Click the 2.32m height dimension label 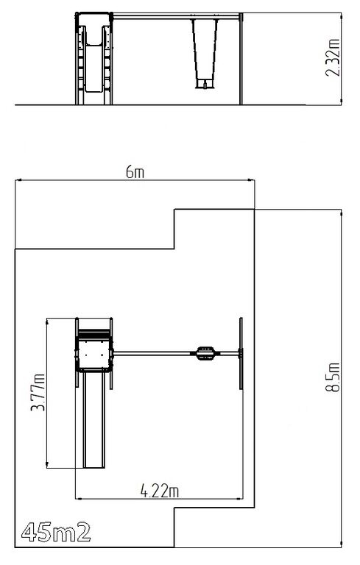click(x=332, y=57)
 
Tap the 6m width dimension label click(x=135, y=172)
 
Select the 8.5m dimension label click(x=332, y=377)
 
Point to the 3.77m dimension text click(x=38, y=392)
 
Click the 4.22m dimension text click(x=159, y=491)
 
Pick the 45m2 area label click(x=55, y=533)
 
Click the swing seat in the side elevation click(x=205, y=85)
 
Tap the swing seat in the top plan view click(x=205, y=353)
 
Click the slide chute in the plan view click(x=93, y=420)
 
